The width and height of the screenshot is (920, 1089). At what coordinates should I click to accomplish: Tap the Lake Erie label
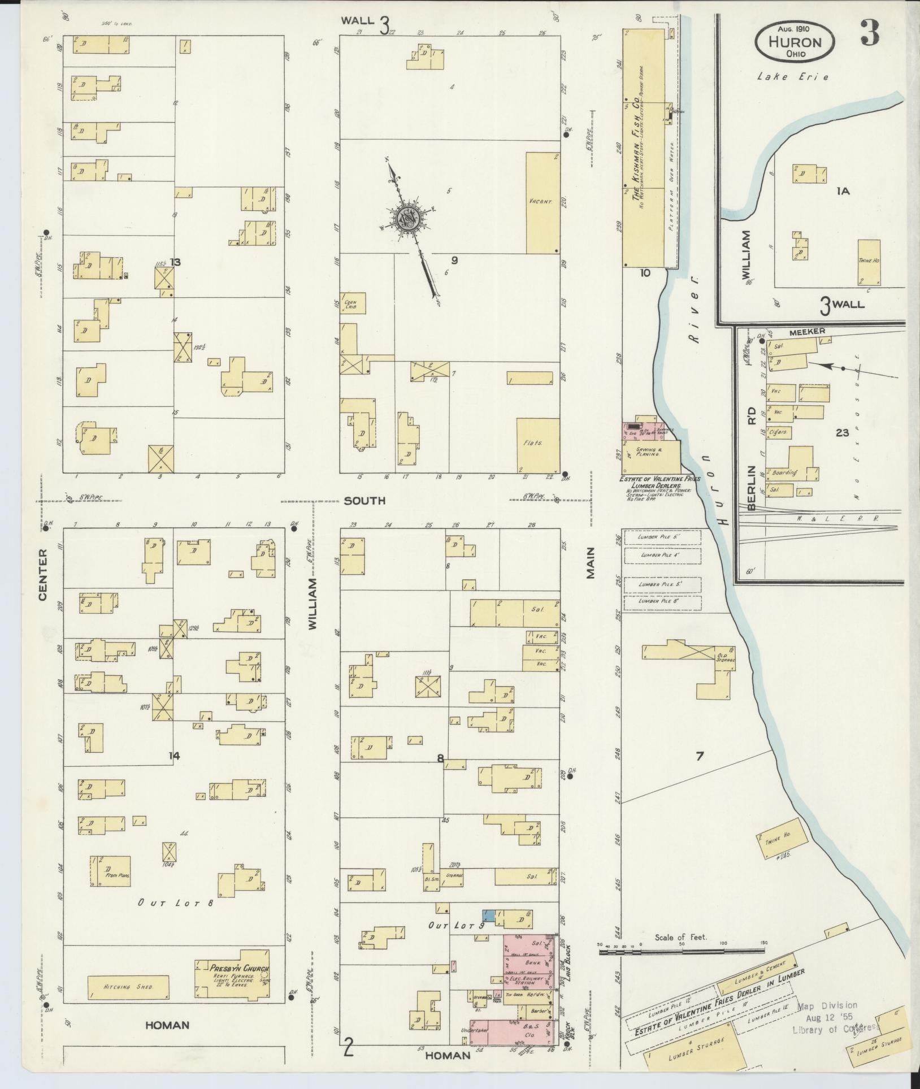(x=793, y=77)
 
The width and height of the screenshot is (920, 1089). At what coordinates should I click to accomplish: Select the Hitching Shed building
(x=128, y=987)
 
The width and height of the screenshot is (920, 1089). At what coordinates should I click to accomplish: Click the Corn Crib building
(x=353, y=303)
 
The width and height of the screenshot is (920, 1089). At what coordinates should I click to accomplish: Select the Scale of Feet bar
(x=681, y=952)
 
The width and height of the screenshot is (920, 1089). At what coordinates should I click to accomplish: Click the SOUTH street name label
(x=365, y=501)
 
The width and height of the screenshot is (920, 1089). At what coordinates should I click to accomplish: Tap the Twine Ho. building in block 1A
(x=869, y=262)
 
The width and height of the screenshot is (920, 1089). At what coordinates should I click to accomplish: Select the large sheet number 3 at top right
(x=870, y=35)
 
